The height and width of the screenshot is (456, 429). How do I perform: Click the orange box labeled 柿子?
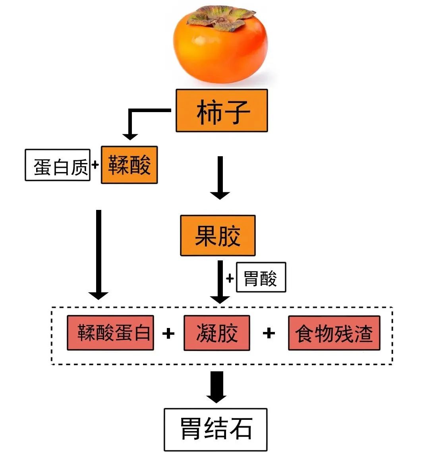click(x=222, y=111)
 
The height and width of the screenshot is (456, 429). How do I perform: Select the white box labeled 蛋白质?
click(x=58, y=165)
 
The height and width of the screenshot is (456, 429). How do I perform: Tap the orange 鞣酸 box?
click(x=129, y=165)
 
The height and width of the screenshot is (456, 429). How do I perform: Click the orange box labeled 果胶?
click(x=218, y=235)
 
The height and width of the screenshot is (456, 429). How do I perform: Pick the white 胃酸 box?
click(x=261, y=277)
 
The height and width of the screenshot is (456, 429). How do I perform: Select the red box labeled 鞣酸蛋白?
click(x=110, y=333)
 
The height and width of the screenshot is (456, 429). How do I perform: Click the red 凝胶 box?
click(x=217, y=333)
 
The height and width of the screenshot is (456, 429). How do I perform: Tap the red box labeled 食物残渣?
click(x=334, y=333)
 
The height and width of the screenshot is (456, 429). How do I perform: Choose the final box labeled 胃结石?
click(x=216, y=429)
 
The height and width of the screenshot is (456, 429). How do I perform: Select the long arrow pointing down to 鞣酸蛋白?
click(x=99, y=254)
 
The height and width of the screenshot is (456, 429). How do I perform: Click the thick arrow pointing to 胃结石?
click(x=216, y=386)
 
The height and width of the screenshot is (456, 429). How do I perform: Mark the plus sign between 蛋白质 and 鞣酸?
click(x=95, y=164)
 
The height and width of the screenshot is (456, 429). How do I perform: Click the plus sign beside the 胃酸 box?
click(x=230, y=278)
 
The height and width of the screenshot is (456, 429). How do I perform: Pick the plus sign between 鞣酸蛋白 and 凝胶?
click(x=168, y=333)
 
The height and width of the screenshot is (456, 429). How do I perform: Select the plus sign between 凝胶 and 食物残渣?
click(x=269, y=332)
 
